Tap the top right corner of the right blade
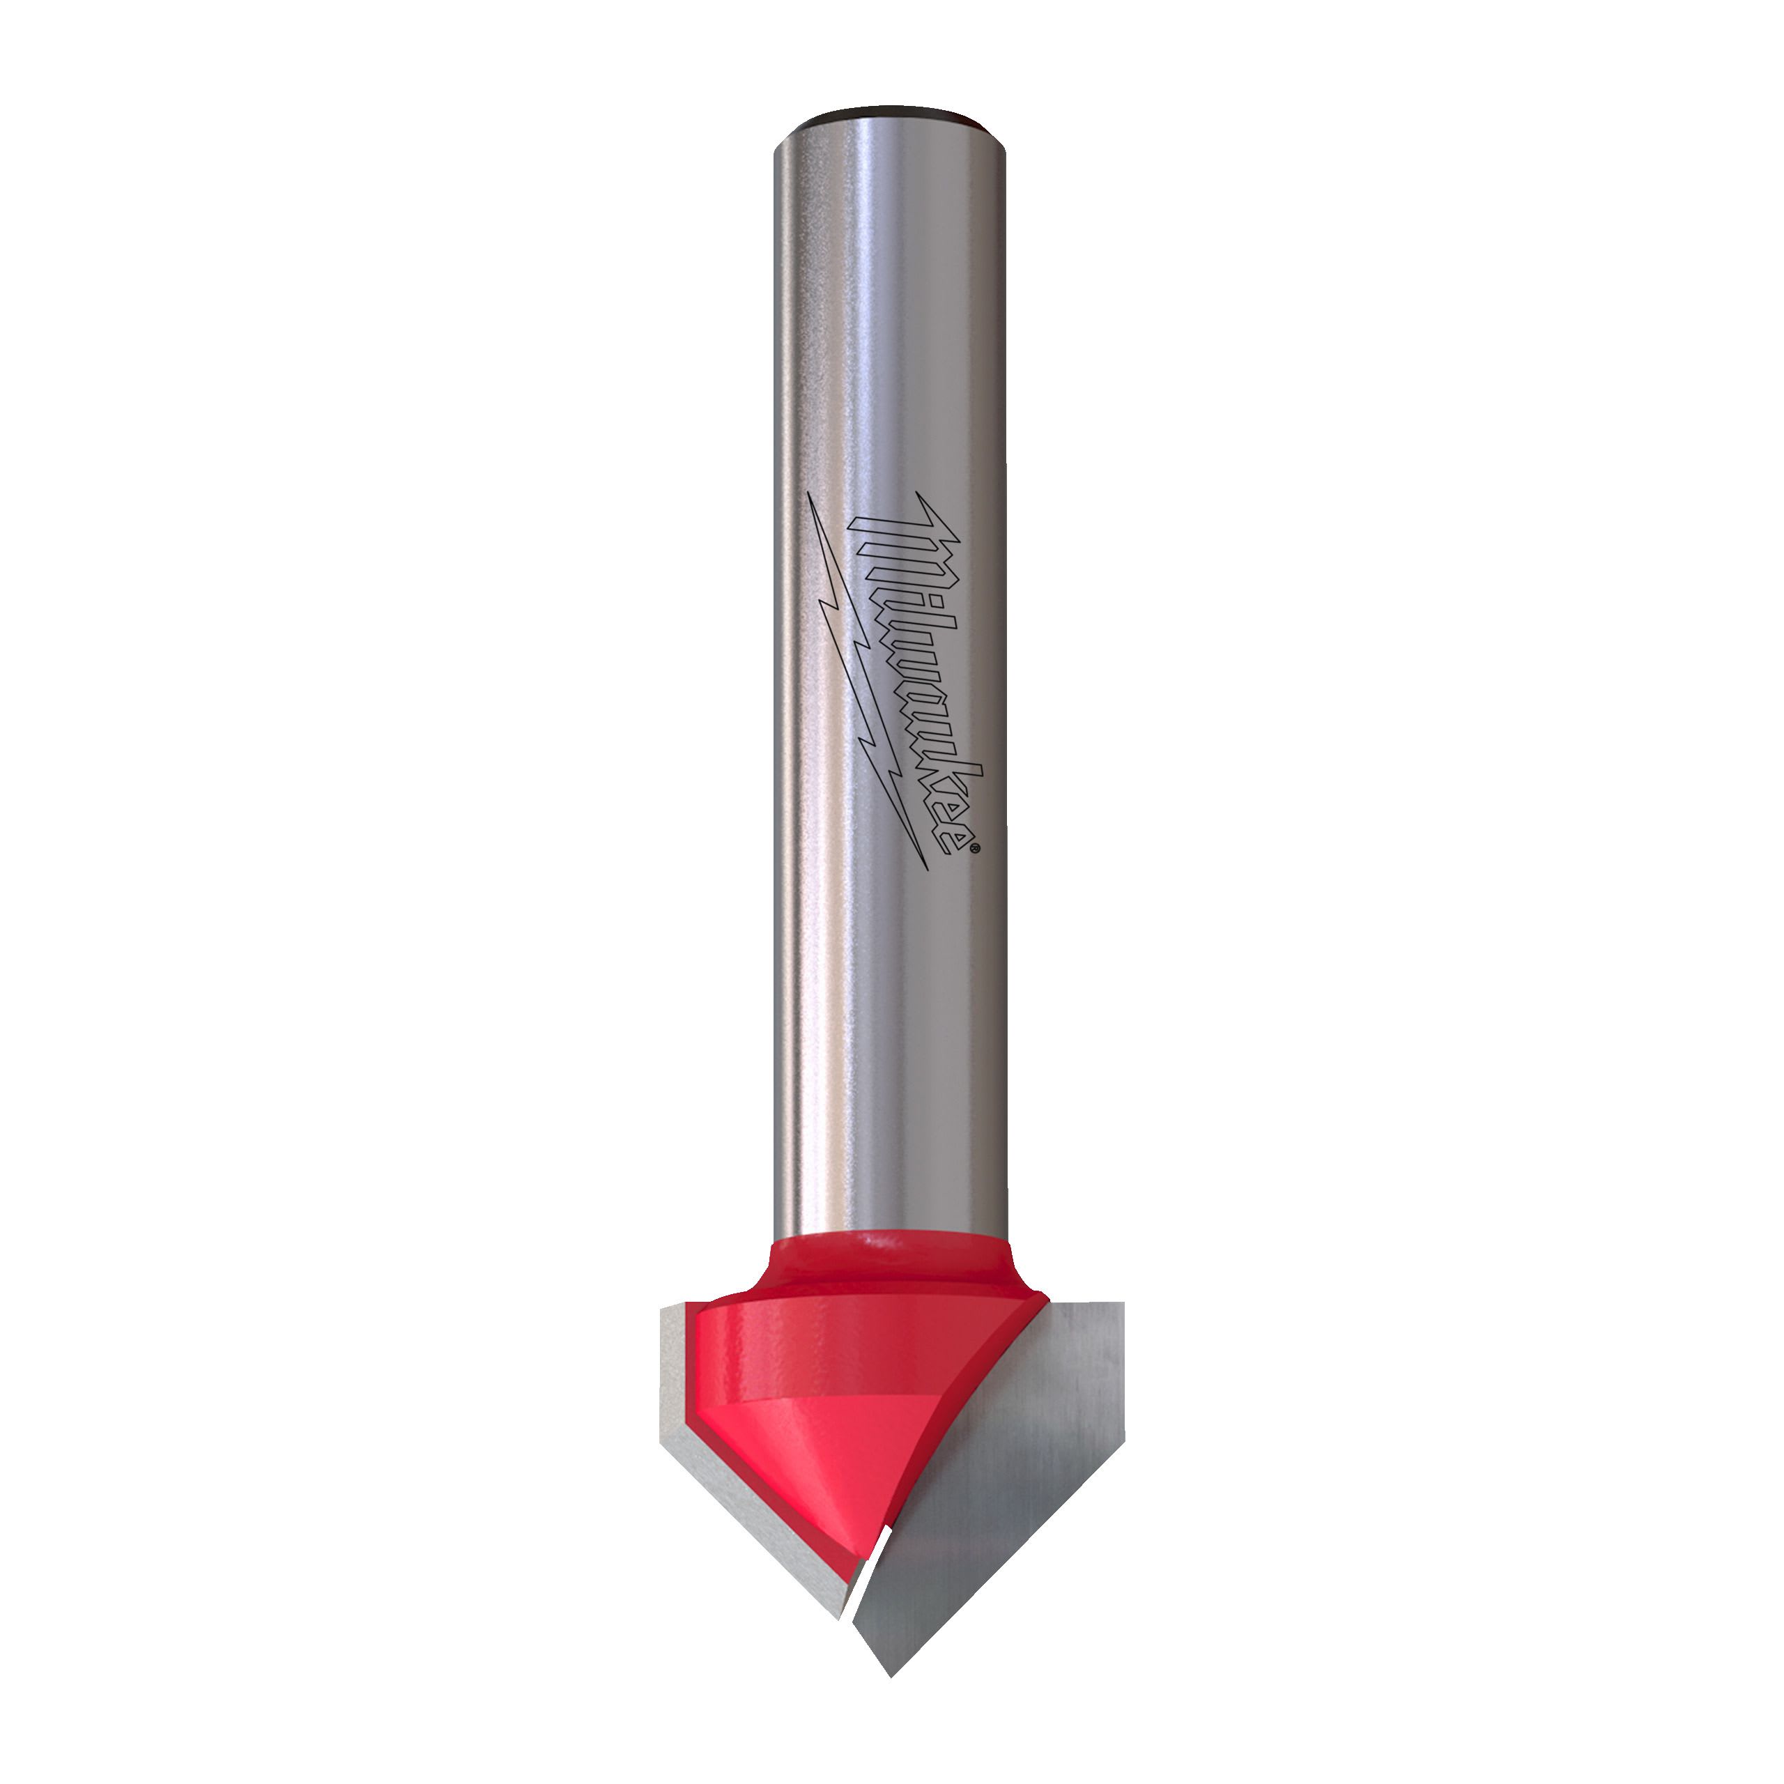point(1121,1304)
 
